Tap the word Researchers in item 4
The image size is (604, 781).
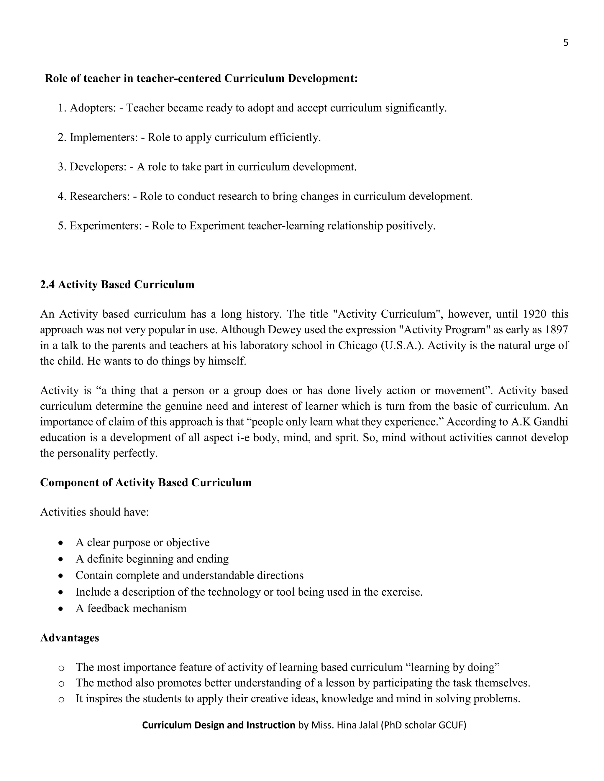coord(99,196)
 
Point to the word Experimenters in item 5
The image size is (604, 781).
coord(106,226)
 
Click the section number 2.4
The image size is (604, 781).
coord(47,285)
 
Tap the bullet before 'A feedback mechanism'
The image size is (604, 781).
coord(61,609)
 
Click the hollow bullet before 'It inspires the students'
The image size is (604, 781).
coord(61,699)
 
